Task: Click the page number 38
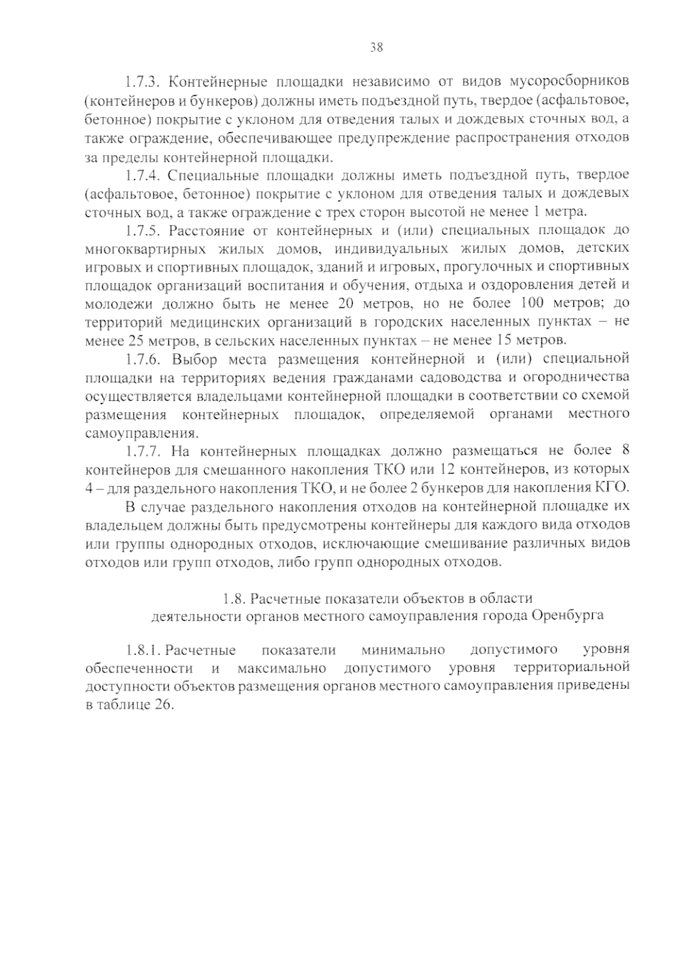coord(376,48)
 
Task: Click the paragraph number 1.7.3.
coord(144,82)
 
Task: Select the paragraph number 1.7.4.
coord(144,175)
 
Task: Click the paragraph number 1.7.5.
coord(144,231)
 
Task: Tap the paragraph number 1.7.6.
coord(144,360)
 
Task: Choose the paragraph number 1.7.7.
coord(144,452)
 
